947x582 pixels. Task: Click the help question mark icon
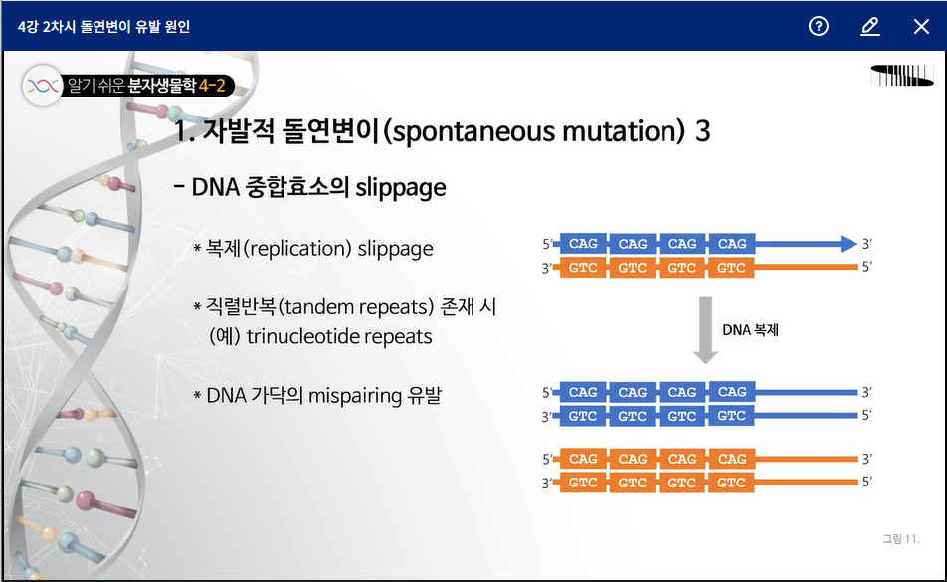point(819,26)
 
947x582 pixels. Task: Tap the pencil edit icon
point(869,26)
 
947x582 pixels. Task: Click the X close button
point(921,26)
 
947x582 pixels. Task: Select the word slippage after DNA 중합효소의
point(401,188)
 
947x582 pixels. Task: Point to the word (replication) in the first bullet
point(297,249)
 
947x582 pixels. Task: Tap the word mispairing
point(355,396)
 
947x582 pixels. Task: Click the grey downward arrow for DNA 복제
point(705,330)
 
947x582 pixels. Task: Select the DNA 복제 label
point(750,330)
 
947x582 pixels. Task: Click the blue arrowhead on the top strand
point(849,244)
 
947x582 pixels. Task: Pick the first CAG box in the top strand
point(583,244)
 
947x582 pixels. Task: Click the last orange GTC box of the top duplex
point(731,268)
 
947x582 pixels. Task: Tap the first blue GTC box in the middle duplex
point(583,416)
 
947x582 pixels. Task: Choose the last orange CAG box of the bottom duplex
point(732,459)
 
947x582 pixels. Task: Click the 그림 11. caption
point(901,539)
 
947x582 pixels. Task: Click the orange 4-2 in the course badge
point(212,86)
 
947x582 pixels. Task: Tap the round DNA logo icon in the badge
point(42,86)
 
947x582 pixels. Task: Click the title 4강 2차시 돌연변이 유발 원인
point(103,27)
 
